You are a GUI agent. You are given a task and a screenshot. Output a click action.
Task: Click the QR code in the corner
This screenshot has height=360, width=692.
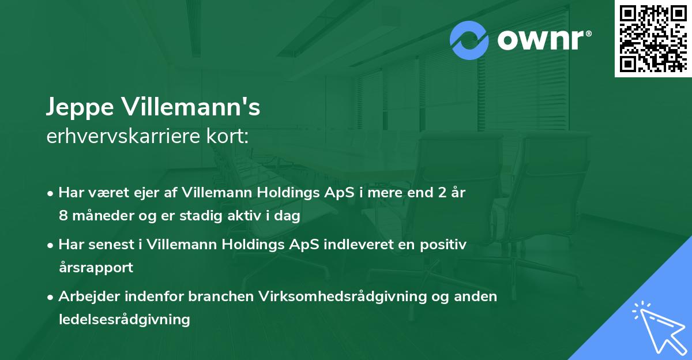pyautogui.click(x=653, y=38)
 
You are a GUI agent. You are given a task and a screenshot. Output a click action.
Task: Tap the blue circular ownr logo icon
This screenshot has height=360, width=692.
pyautogui.click(x=469, y=40)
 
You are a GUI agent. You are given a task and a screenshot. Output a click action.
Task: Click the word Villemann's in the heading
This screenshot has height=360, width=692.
pyautogui.click(x=195, y=107)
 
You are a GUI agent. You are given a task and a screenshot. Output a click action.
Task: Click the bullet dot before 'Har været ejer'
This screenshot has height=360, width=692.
pyautogui.click(x=51, y=194)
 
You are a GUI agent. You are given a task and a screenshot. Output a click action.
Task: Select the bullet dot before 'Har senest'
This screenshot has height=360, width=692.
pyautogui.click(x=51, y=245)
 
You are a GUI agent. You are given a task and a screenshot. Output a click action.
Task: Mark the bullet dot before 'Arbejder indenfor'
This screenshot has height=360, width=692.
pyautogui.click(x=51, y=297)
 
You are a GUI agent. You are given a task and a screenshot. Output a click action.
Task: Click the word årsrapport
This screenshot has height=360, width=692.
pyautogui.click(x=96, y=267)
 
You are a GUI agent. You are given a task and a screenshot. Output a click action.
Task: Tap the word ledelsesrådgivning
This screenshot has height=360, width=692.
pyautogui.click(x=124, y=319)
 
